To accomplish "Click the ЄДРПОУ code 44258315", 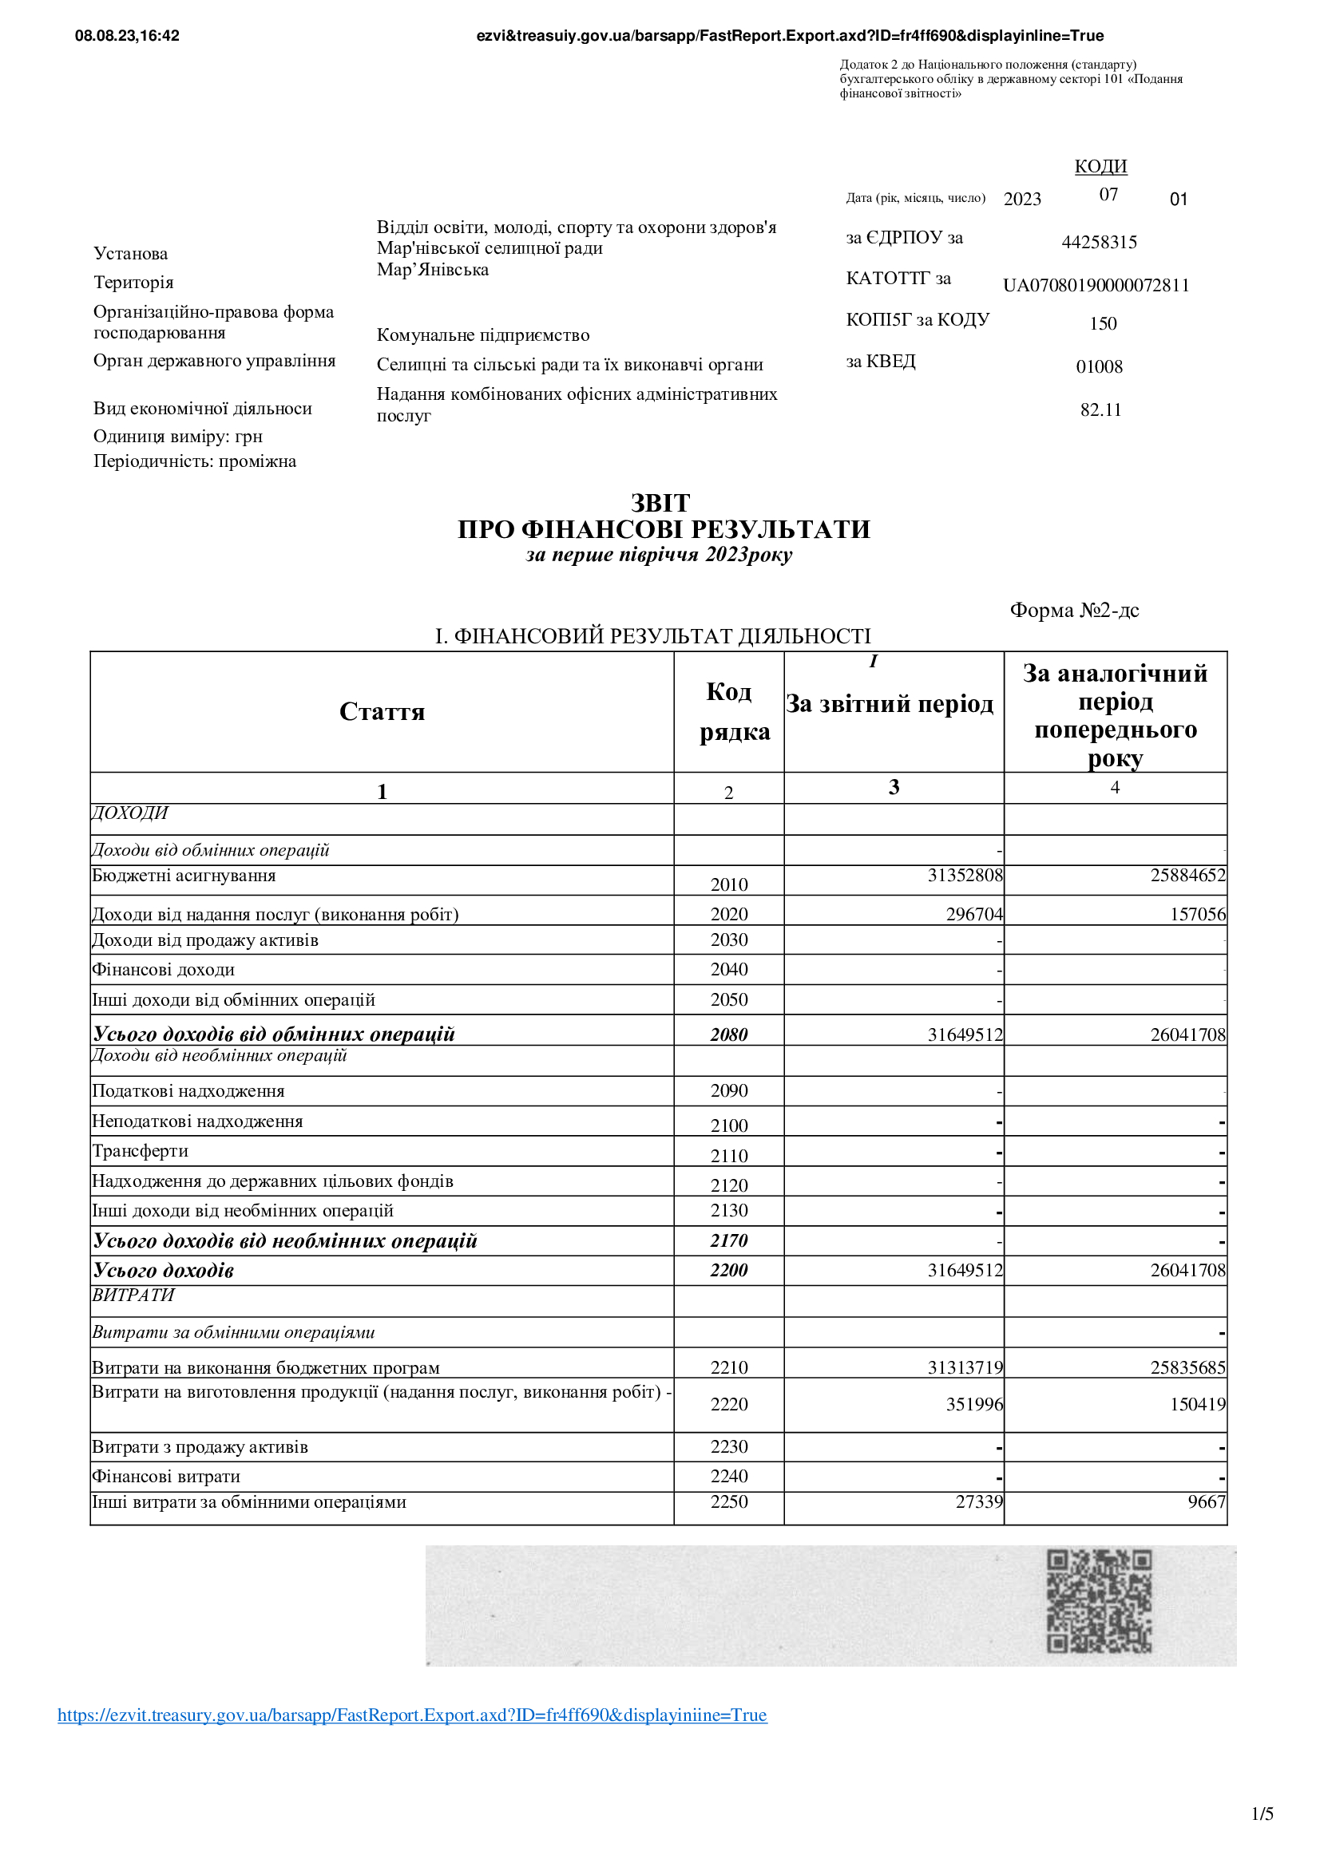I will click(1099, 243).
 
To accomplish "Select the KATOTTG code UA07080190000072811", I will click(1096, 286).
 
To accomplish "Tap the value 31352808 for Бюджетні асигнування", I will click(965, 876).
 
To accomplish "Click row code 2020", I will click(729, 914).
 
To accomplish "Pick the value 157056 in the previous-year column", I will click(1197, 914).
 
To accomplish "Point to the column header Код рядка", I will click(735, 711).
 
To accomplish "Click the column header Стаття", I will click(382, 711).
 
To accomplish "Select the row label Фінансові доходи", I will click(164, 969).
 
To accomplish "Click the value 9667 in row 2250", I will click(1206, 1502).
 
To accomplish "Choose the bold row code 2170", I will click(729, 1241).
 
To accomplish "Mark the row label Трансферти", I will click(140, 1151).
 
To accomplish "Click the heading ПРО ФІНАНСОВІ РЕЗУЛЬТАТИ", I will click(664, 529).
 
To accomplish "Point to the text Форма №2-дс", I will click(1073, 610).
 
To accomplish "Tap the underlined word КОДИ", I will click(1100, 167).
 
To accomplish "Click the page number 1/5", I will click(1263, 1814).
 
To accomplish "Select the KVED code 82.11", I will click(1100, 409).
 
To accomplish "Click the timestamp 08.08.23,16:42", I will click(127, 36).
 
